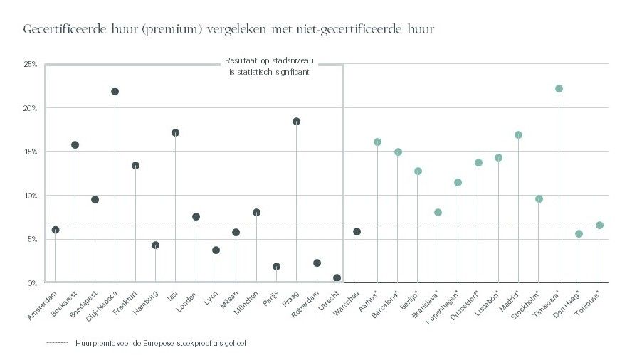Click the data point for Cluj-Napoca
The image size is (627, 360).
[115, 92]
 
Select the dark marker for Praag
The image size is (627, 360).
[296, 122]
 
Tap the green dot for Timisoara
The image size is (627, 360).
[559, 89]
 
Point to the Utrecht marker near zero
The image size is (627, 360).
[337, 278]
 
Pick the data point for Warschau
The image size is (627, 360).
[357, 231]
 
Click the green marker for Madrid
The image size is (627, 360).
[518, 135]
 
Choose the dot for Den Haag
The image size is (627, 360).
[579, 234]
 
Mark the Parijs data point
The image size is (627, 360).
[276, 267]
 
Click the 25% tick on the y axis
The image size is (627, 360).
[31, 65]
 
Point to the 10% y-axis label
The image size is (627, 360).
[31, 196]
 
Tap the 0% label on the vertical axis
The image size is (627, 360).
[32, 283]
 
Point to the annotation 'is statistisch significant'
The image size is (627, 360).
[268, 72]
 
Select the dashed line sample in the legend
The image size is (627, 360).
[56, 343]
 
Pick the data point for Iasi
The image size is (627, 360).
[175, 133]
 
